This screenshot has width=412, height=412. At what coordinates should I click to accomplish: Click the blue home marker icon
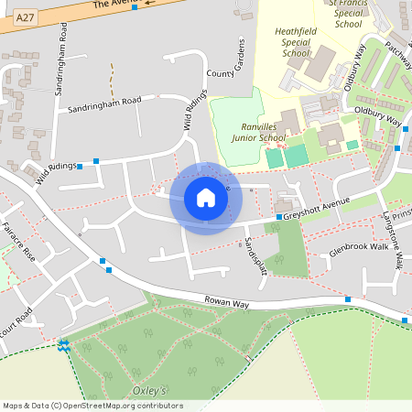[x=206, y=198]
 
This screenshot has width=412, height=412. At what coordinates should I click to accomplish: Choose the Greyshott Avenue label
[x=317, y=209]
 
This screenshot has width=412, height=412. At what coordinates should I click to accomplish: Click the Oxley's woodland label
[x=150, y=390]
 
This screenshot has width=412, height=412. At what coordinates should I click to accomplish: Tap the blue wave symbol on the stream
[x=63, y=345]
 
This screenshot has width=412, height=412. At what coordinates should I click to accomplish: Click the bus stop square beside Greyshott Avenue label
[x=278, y=217]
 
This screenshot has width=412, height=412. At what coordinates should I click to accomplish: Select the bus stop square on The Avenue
[x=135, y=7]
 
